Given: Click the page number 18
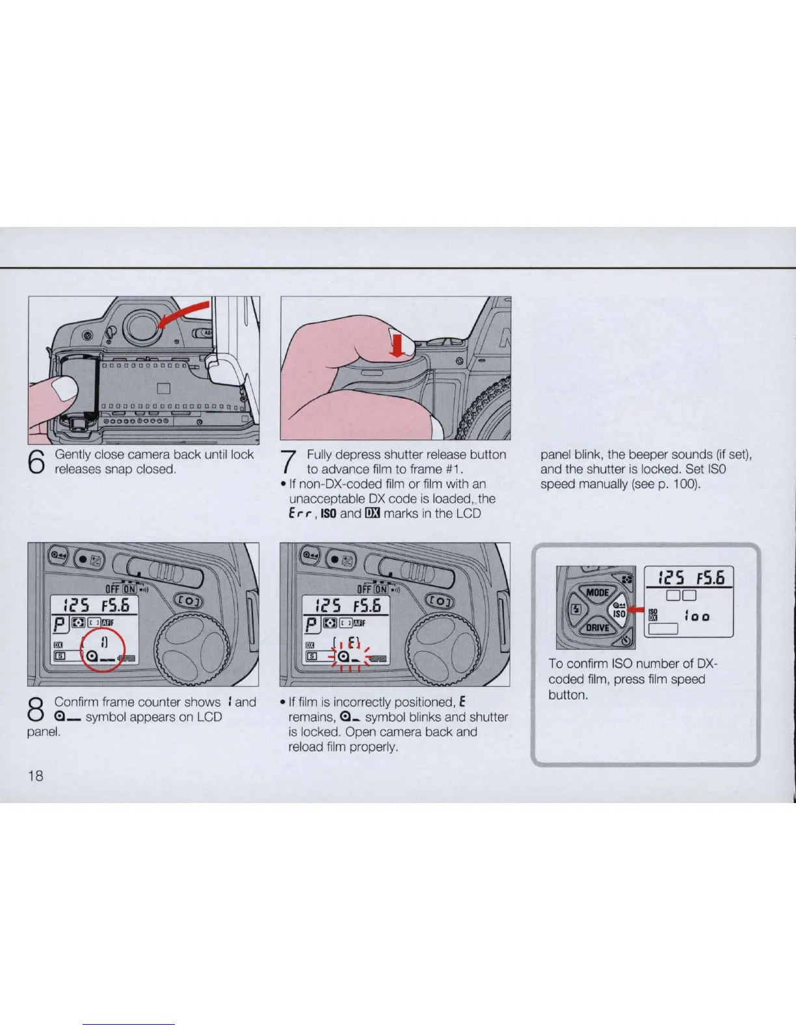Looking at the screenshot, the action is pos(35,775).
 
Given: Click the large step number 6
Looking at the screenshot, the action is pos(37,462).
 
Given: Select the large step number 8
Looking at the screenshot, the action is pos(36,709).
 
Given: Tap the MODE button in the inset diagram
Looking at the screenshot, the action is pos(597,592).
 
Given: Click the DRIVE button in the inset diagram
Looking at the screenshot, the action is pos(598,627).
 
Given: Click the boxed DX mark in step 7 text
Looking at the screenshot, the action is pos(373,514).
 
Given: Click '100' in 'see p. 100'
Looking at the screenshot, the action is pos(683,484).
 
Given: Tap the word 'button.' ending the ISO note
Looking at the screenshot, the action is pos(568,695).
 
